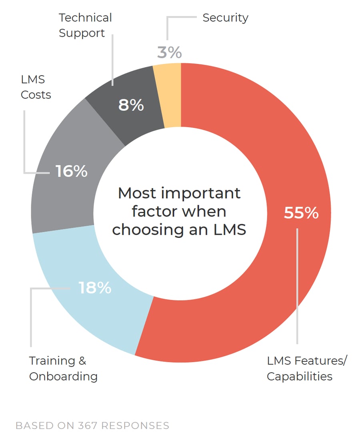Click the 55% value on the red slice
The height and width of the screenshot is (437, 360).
pos(301,213)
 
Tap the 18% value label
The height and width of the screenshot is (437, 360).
pos(95,287)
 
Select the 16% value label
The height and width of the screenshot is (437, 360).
pos(71,171)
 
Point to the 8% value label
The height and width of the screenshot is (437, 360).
pos(131,105)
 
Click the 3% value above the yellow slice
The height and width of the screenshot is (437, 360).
pos(169,52)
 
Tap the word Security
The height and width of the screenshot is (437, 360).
pos(225,18)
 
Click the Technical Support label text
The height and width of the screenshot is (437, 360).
pos(85,25)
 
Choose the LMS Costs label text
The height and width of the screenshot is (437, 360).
pos(36,87)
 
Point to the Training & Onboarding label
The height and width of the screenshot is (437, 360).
pos(63,368)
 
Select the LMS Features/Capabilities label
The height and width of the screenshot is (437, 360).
pos(306,368)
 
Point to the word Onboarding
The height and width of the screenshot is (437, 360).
pos(63,376)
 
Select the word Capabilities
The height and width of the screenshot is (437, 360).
pos(299,376)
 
